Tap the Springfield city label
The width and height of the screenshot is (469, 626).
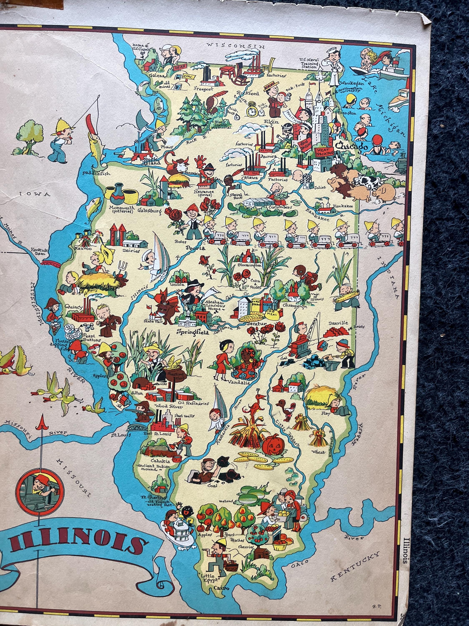pos(193,332)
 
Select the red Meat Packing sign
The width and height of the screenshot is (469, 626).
pos(325,153)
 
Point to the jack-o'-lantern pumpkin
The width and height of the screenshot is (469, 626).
pos(271,446)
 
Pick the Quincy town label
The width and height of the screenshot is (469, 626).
pos(73,307)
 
